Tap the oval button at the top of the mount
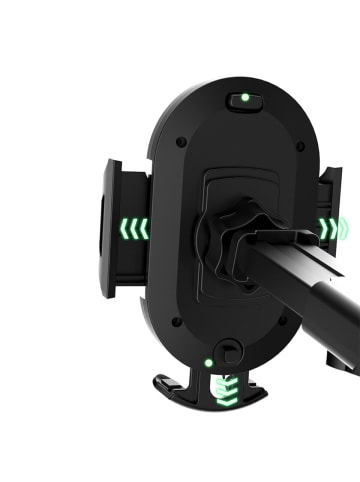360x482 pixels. pos(243,100)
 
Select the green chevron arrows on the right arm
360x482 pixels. pos(329,229)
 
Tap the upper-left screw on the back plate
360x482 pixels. pos(179,142)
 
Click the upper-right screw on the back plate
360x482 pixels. pos(300,146)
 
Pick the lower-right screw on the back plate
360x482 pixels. pos(283,323)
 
